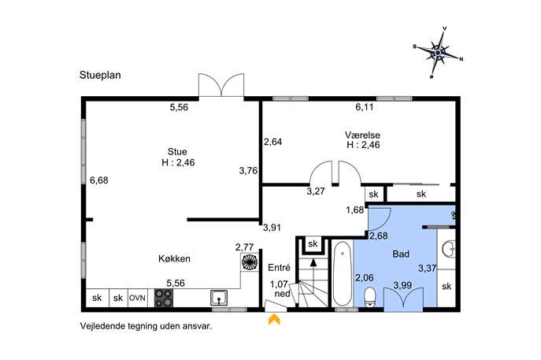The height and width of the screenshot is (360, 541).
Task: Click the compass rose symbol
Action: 438,53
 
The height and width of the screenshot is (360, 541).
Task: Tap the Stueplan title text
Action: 100,76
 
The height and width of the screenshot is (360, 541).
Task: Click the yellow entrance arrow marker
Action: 274,320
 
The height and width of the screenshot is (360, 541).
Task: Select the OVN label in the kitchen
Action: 137,298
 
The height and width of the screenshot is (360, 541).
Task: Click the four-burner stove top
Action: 164,298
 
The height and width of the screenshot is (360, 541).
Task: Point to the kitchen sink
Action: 219,298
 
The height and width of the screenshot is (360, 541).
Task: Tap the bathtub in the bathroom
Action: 343,274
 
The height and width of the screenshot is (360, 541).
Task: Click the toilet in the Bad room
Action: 370,297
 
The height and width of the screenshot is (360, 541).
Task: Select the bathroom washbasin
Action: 449,249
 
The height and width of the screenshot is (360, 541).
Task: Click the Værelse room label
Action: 362,135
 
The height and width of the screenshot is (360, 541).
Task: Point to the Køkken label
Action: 174,258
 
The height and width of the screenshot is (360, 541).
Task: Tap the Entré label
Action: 279,268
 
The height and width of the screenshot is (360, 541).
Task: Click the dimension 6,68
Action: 99,180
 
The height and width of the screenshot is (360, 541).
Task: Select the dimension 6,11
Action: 365,107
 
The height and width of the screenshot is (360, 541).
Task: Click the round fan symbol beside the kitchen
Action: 250,262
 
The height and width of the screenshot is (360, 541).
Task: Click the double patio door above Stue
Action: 221,85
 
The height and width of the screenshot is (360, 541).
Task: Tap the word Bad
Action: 401,254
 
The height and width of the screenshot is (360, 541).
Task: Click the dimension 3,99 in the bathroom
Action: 403,285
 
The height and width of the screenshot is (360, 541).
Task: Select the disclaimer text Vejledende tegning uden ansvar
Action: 146,326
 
